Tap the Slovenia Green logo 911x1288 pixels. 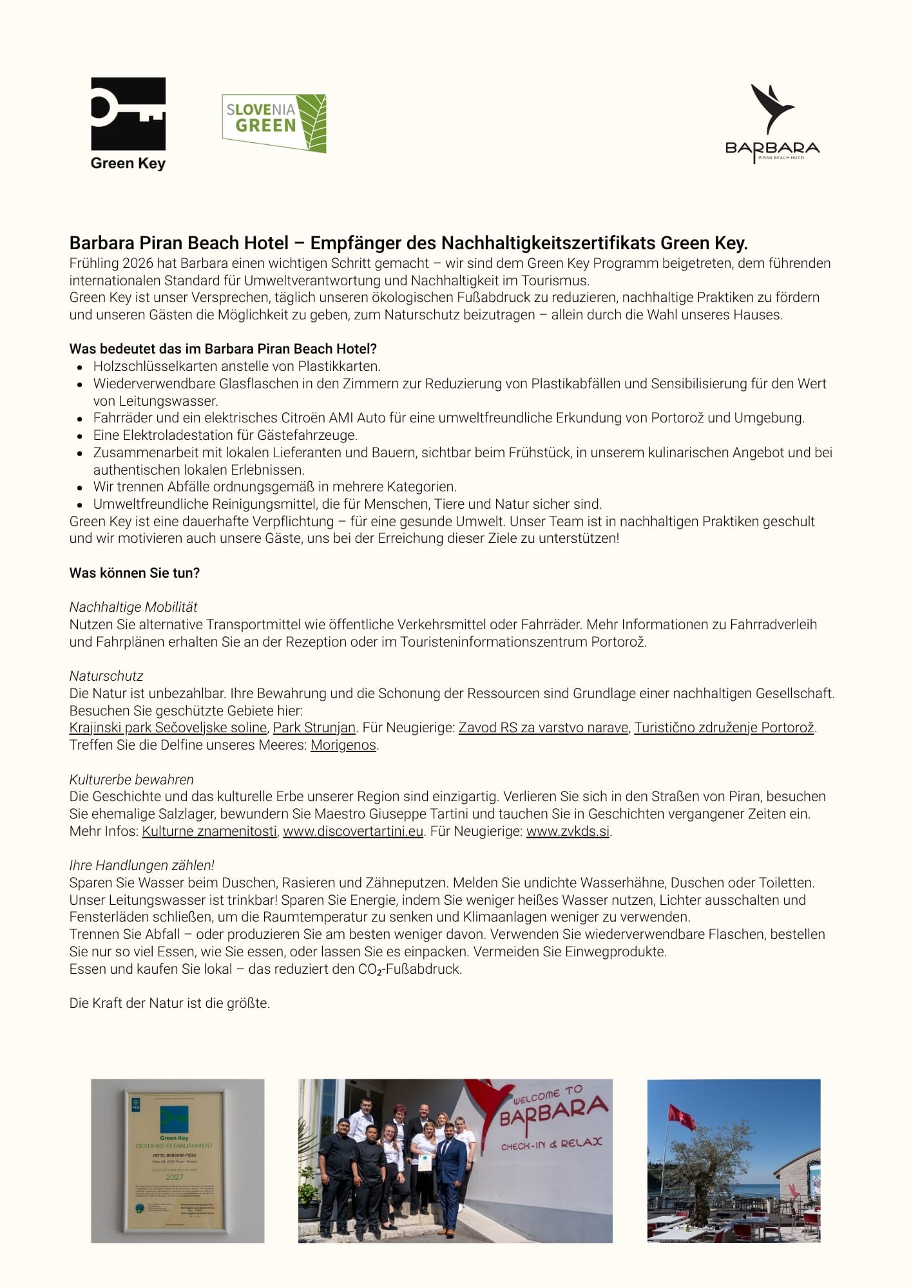[x=274, y=122]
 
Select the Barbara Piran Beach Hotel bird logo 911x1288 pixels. [x=772, y=123]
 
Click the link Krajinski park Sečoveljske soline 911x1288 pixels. [x=168, y=728]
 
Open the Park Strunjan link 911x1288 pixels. [x=314, y=728]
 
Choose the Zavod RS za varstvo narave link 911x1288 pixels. [x=543, y=728]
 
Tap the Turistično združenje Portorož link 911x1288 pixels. [x=724, y=728]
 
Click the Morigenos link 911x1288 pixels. [x=343, y=745]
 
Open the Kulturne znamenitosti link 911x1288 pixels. [x=209, y=831]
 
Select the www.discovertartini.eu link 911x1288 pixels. [x=353, y=831]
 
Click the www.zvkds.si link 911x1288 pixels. [x=568, y=831]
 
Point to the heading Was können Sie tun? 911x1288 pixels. [x=135, y=573]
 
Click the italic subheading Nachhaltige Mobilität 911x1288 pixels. [x=133, y=607]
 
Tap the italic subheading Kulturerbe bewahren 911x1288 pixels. [x=131, y=780]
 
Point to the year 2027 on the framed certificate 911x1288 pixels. [x=175, y=1177]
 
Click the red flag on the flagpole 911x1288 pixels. [x=682, y=1117]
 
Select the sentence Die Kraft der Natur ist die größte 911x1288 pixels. [x=169, y=1003]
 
